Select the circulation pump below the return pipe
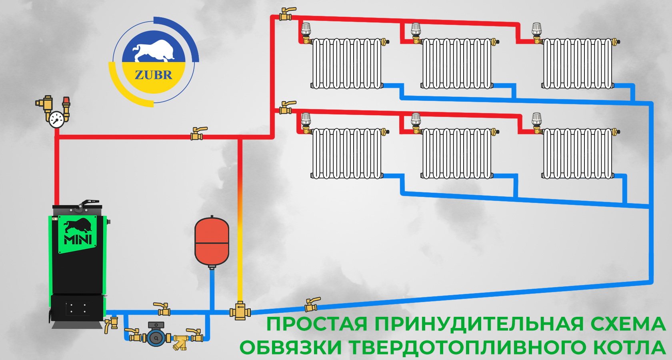[x=156, y=337]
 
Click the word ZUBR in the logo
[x=154, y=75]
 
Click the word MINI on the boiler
[x=78, y=239]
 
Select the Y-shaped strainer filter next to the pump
[x=180, y=341]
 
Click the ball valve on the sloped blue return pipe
[x=312, y=305]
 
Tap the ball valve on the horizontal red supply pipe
[x=197, y=134]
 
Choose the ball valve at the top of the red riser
[x=286, y=14]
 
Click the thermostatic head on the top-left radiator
[x=306, y=28]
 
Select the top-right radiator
[x=578, y=63]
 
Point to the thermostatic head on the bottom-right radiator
[x=536, y=119]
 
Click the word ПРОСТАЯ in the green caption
[x=317, y=324]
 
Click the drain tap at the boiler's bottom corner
[x=110, y=324]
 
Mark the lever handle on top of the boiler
[x=86, y=203]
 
